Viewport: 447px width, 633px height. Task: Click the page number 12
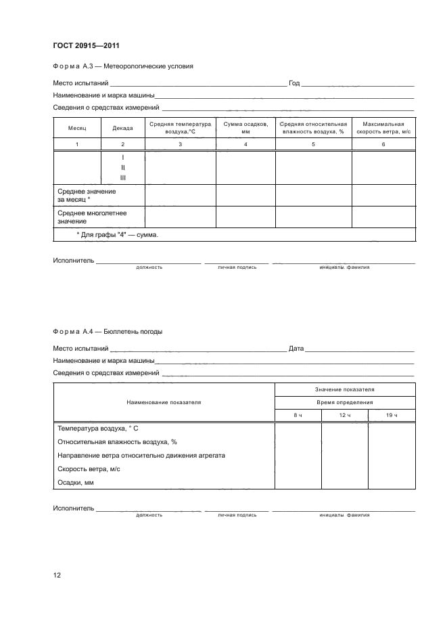coord(57,575)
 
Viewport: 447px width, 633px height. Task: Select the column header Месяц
coord(77,128)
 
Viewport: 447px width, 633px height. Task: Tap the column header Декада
coord(122,128)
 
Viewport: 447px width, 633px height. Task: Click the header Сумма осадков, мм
coord(245,128)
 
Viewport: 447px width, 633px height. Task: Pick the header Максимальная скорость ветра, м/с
coord(383,128)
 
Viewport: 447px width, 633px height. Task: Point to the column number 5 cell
coord(313,144)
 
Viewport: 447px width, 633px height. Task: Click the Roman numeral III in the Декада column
coord(122,178)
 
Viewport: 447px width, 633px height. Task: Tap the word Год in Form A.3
coord(294,83)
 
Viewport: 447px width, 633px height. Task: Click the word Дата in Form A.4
coord(296,349)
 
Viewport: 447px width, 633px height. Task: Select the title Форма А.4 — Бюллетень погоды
coord(108,332)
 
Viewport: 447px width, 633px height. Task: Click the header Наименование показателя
coord(164,402)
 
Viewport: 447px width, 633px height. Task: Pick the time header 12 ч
coord(344,414)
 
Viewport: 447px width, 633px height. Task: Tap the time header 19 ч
coord(390,414)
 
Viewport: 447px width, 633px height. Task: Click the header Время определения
coord(344,401)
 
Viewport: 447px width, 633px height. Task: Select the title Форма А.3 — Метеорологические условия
coord(123,66)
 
